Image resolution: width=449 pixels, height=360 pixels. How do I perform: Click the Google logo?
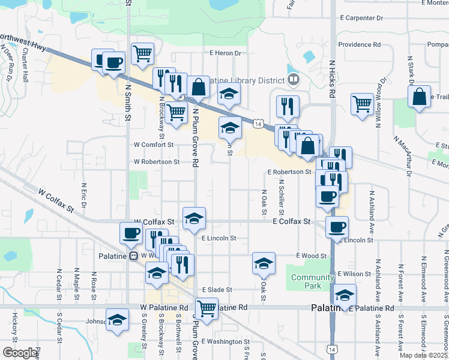[x=20, y=353]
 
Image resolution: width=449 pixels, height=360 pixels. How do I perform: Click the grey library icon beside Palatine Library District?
[x=294, y=79]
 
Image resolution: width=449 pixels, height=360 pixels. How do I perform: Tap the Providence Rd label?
[x=359, y=44]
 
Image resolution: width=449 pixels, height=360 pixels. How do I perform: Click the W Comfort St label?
[x=153, y=145]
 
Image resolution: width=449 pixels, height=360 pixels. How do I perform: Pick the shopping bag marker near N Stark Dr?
[x=419, y=97]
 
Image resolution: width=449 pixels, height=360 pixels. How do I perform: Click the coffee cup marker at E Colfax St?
[x=337, y=227]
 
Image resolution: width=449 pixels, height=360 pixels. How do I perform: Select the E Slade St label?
[x=217, y=290]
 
